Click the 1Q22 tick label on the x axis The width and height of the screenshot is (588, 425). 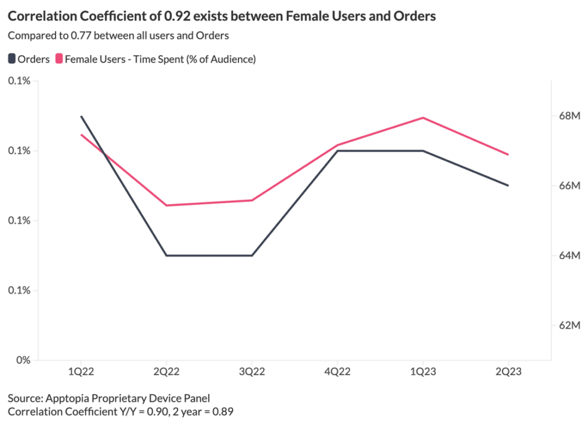point(81,372)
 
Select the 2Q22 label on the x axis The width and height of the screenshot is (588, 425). point(167,372)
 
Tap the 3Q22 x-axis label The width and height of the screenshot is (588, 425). point(252,372)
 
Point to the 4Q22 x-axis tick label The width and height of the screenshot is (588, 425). point(338,372)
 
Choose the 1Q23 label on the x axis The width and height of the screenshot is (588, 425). point(423,372)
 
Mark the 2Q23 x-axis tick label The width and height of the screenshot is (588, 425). point(509,372)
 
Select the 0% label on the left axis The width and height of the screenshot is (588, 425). point(23,361)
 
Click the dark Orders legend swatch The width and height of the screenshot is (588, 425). point(12,59)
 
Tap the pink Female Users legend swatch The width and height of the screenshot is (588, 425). point(59,59)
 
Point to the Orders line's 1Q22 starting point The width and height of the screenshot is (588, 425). point(81,116)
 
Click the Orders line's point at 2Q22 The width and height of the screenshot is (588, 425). point(167,256)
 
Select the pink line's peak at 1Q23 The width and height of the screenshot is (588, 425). point(423,118)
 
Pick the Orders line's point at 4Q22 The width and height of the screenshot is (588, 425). point(338,151)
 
